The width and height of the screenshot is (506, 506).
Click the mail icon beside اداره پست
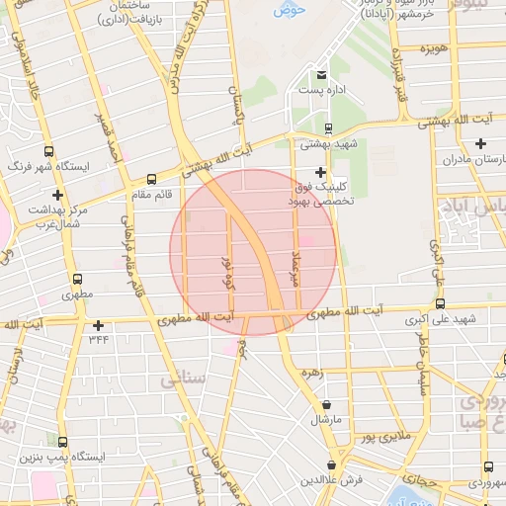coord(320,75)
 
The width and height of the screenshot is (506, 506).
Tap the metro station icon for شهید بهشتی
coord(327,127)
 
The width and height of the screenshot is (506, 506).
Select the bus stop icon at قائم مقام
coord(151,180)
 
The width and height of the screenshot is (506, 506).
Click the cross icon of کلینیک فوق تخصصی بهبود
coord(318,172)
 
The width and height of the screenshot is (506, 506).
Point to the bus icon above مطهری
coord(75,279)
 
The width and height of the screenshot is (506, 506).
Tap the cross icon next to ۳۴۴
coord(98,325)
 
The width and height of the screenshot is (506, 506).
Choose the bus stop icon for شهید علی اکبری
coord(440,304)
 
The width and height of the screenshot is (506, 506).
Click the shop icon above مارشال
coord(326,404)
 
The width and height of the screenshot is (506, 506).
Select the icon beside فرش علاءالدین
coord(333,464)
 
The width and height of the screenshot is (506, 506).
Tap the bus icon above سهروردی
coord(488,467)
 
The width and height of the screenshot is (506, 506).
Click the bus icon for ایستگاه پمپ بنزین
coord(63,444)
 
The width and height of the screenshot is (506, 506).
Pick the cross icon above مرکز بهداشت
coord(58,194)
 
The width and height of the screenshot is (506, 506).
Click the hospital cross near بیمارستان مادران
coord(479,143)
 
